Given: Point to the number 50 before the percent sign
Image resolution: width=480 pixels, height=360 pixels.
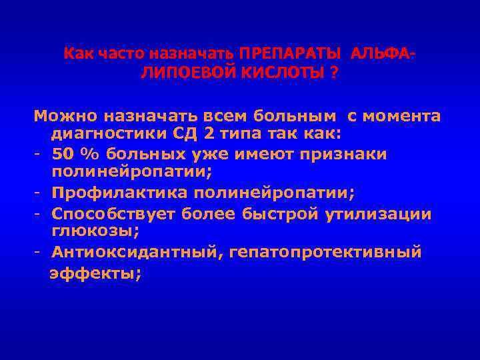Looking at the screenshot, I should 64,154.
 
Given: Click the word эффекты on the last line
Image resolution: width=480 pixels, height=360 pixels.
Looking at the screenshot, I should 95,272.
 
